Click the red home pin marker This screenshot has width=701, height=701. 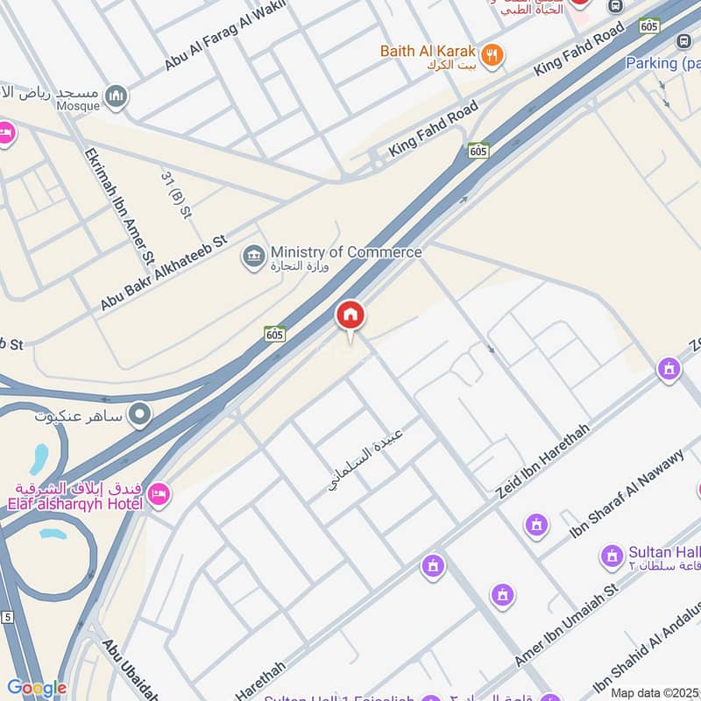350,315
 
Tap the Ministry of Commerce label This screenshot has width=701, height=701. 345,252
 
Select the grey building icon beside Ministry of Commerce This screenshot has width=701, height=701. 254,258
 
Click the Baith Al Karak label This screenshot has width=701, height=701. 428,51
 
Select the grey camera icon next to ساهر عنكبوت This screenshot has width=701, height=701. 139,414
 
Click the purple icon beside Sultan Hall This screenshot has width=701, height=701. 612,555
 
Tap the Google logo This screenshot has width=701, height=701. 36,688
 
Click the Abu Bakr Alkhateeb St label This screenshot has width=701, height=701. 164,273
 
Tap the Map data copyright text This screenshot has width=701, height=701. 655,692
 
